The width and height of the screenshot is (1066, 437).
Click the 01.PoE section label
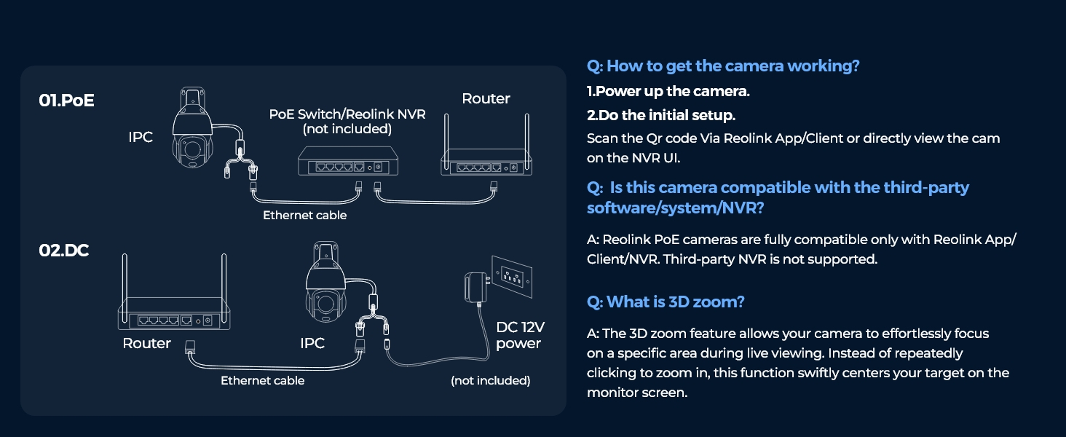point(67,101)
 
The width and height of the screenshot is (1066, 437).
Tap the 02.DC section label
point(64,251)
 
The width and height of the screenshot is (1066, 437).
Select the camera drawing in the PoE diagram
point(192,127)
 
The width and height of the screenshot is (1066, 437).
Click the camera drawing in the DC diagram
point(325,283)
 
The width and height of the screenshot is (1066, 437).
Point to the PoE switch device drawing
point(348,161)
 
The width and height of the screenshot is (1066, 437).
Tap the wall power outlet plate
point(512,276)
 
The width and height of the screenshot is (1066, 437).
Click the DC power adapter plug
point(476,288)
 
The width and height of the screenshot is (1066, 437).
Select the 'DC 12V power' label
point(520,335)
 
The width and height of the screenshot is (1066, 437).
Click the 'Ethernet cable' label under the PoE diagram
point(304,215)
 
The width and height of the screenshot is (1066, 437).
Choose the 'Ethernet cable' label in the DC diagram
point(262,380)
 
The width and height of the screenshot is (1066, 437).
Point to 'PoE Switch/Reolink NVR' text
point(347,114)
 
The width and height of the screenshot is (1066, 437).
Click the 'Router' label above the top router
point(486,98)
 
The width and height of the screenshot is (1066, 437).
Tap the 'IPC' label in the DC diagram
point(312,343)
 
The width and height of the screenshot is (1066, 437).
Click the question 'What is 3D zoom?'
point(666,302)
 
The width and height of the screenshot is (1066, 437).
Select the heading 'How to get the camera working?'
point(723,66)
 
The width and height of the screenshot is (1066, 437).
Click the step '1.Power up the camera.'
point(668,91)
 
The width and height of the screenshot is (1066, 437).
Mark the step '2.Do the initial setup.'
point(661,115)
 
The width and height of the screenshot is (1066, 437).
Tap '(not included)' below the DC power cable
point(491,380)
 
